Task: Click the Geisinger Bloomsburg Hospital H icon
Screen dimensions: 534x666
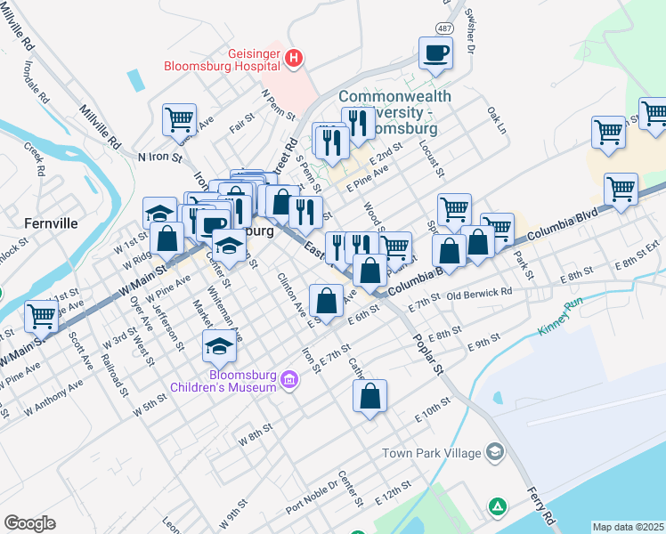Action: click(294, 60)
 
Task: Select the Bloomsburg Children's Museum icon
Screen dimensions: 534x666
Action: click(288, 380)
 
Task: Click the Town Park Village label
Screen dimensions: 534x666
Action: click(431, 452)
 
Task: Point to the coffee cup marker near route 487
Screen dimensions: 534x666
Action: click(436, 52)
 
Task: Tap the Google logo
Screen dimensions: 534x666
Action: click(30, 523)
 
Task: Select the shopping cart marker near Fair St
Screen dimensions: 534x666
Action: click(179, 118)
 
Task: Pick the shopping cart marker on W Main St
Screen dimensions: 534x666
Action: click(41, 315)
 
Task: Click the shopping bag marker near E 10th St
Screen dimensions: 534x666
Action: click(370, 395)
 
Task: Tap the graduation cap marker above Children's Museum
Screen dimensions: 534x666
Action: click(219, 345)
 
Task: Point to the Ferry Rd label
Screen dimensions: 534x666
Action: click(541, 505)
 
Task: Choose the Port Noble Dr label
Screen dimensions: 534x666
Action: click(312, 498)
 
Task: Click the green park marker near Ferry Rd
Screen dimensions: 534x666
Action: click(497, 506)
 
